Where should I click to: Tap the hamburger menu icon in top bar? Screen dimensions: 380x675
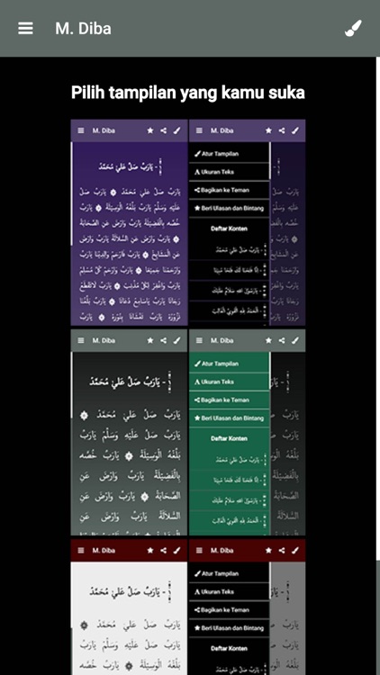pyautogui.click(x=25, y=28)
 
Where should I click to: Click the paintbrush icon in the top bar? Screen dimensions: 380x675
pyautogui.click(x=353, y=28)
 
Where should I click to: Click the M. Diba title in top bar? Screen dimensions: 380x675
pyautogui.click(x=83, y=28)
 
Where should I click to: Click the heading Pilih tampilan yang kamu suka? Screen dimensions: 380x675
pyautogui.click(x=188, y=93)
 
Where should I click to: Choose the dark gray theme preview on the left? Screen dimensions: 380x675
pyautogui.click(x=129, y=436)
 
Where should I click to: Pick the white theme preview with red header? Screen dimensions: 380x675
pyautogui.click(x=129, y=612)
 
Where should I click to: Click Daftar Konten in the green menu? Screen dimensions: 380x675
pyautogui.click(x=230, y=438)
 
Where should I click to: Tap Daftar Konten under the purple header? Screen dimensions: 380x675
pyautogui.click(x=230, y=229)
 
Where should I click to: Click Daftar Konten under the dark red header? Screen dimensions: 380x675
pyautogui.click(x=230, y=648)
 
